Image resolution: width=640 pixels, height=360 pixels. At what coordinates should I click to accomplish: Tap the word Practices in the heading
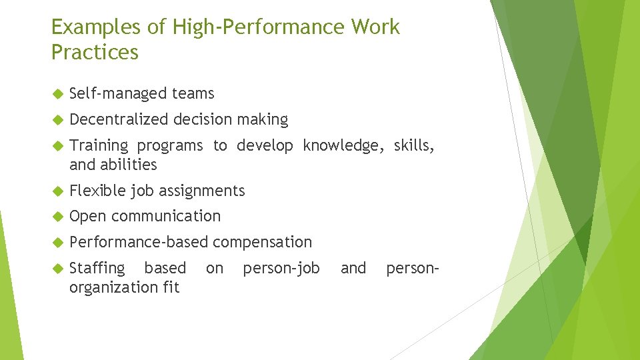click(95, 53)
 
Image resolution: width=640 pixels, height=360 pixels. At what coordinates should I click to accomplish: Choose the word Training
click(99, 146)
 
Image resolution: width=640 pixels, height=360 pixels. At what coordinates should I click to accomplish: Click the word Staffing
click(97, 268)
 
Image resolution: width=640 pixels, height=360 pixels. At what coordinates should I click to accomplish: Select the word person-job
click(281, 268)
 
